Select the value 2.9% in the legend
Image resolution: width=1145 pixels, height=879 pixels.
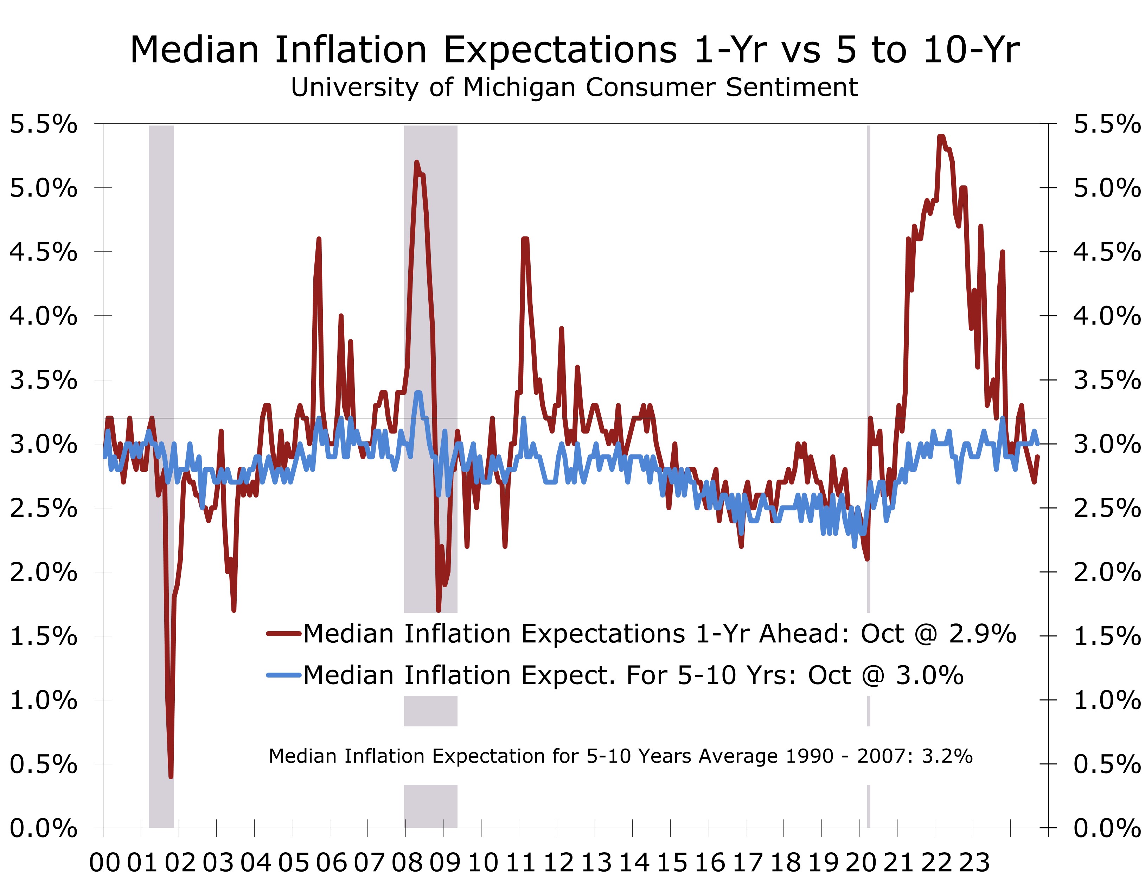pos(982,634)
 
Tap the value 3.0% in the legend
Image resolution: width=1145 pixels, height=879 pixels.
pos(929,675)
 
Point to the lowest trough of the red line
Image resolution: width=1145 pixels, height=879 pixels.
pos(171,776)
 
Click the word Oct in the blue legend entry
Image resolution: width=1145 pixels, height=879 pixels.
pos(829,675)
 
